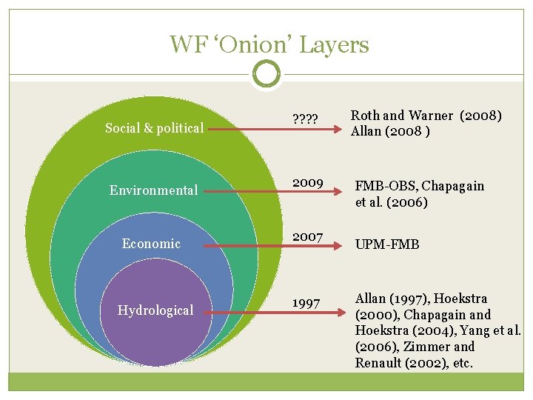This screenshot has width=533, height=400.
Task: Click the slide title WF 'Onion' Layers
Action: point(269,44)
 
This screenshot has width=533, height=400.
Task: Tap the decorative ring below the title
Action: point(266,74)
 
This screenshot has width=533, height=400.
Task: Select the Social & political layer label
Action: point(154,128)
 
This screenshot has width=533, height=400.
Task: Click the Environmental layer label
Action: point(153,190)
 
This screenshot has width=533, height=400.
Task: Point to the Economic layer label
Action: point(151,244)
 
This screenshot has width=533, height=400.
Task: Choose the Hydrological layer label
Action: point(155,310)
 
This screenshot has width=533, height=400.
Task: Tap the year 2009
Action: point(307,182)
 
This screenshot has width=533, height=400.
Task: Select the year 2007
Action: point(307,237)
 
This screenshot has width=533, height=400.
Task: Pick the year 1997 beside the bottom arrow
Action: point(306,304)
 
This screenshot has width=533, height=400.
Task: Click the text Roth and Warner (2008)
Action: point(426,116)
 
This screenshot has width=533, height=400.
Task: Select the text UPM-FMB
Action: point(387,244)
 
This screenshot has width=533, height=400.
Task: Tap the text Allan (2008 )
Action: point(389,131)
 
